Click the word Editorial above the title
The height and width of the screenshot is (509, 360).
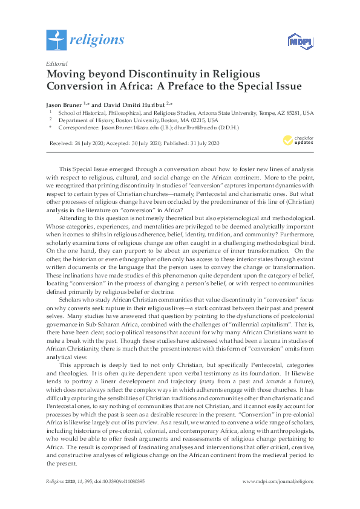pos(56,63)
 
